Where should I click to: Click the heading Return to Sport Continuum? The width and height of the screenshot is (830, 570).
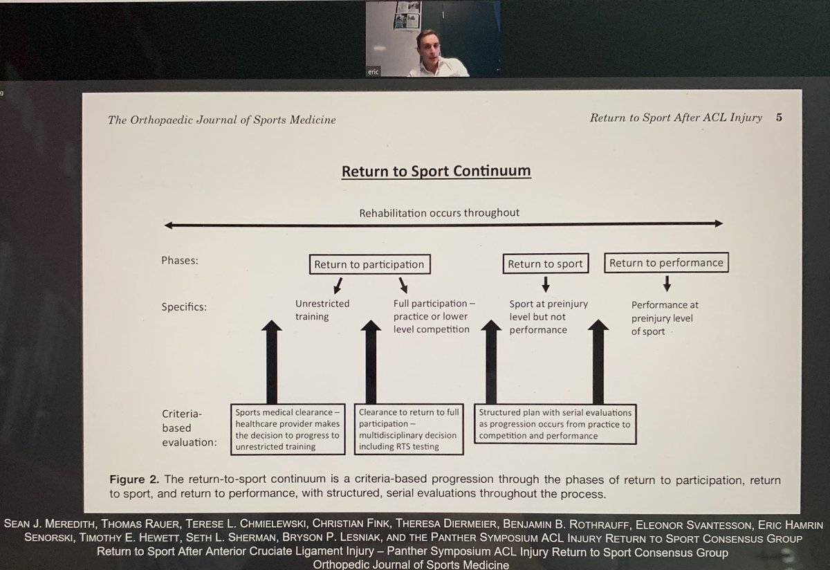coord(436,171)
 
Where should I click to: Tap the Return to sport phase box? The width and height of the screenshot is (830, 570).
coord(546,264)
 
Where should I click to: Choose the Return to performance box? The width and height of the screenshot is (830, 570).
coord(666,263)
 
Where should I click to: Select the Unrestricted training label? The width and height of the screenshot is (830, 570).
coord(322,310)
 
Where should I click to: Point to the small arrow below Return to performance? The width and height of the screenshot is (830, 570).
coord(667,283)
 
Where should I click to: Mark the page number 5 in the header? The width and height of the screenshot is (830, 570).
coord(779,118)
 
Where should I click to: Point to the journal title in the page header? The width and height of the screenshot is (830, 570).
coord(221,120)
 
